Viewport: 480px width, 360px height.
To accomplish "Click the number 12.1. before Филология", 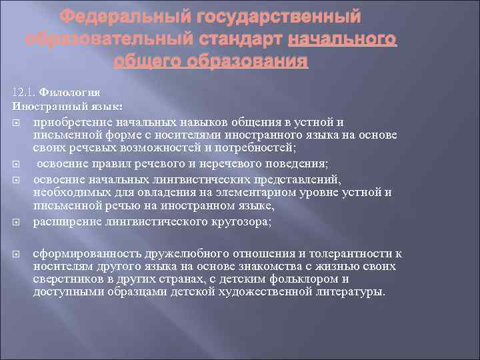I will pos(23,93).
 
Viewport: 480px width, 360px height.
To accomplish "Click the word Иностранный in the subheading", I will pos(41,106).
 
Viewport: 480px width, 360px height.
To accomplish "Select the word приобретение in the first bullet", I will pos(70,123).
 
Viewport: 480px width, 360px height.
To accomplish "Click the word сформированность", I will pos(81,254).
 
